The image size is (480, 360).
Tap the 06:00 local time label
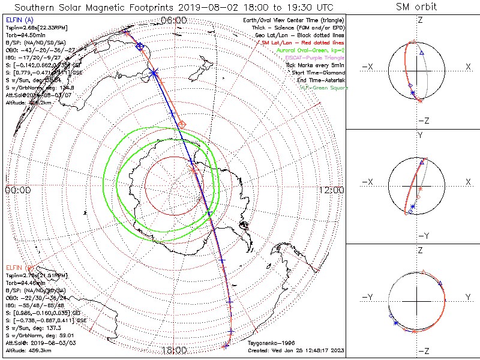[174, 20]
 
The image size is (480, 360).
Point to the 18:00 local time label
[174, 350]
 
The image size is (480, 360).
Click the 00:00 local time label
[17, 190]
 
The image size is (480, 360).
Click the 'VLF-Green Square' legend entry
[324, 88]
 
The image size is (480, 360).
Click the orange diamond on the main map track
[182, 124]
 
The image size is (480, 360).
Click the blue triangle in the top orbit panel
[422, 53]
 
